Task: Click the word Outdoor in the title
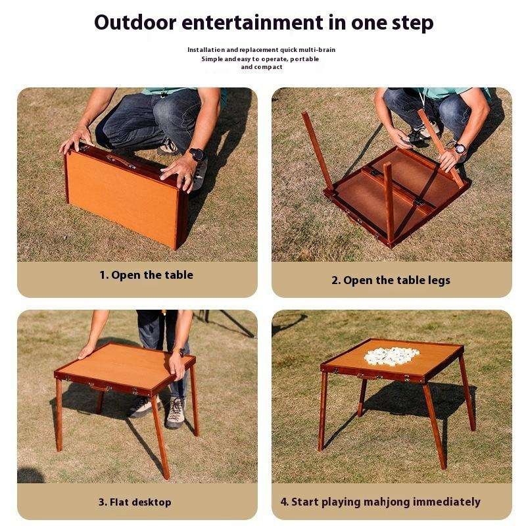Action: tap(135, 22)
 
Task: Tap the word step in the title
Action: tap(413, 24)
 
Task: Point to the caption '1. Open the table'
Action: tap(146, 275)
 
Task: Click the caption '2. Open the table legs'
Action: tap(391, 281)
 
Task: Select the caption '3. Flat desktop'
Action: tap(135, 502)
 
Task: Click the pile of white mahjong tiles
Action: tap(391, 356)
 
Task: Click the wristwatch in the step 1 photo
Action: tap(198, 154)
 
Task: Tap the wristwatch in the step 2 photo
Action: tap(460, 148)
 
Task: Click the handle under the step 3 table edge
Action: tap(99, 388)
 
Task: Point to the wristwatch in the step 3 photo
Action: tap(181, 352)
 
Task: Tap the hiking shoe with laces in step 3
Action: tap(174, 413)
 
